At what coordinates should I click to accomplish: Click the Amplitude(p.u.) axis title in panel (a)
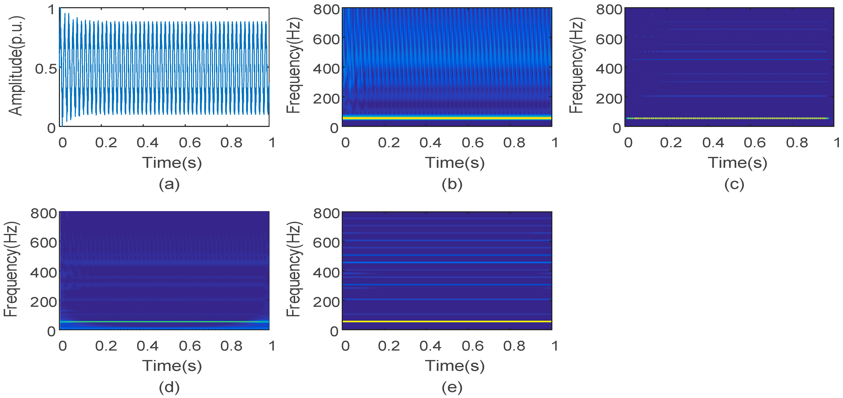tap(16, 66)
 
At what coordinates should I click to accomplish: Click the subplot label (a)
tap(169, 184)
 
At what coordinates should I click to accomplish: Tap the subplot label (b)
tap(452, 184)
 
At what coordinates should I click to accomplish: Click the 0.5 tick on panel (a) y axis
tap(46, 69)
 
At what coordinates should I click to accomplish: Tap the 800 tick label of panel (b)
tap(326, 10)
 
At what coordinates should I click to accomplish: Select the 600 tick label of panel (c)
tap(609, 39)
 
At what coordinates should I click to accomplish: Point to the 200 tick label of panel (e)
tap(326, 302)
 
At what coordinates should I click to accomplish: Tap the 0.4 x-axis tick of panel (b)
tap(430, 143)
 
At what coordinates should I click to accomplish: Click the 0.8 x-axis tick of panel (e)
tap(514, 346)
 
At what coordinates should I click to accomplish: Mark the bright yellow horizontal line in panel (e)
tap(447, 321)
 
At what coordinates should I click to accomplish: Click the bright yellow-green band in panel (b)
tap(447, 118)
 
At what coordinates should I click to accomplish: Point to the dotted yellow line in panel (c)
tap(726, 118)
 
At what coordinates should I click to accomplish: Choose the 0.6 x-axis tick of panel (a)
tap(190, 143)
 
